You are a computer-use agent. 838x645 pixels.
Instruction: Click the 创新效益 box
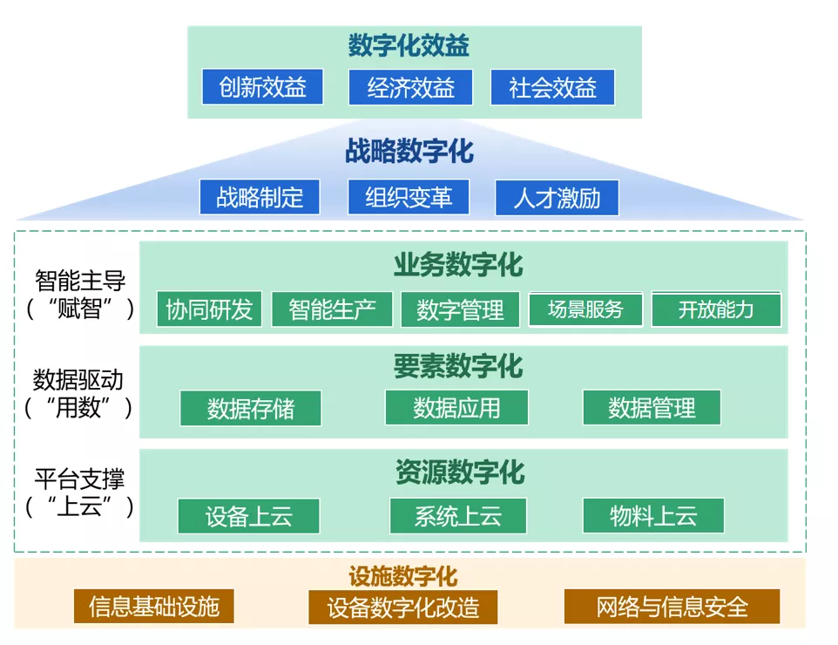tap(262, 87)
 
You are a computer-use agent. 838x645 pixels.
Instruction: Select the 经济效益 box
tap(410, 87)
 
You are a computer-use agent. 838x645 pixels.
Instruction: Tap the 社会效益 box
tap(552, 87)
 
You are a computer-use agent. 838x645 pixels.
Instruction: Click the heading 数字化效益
tap(409, 45)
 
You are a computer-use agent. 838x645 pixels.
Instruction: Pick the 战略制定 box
tap(260, 197)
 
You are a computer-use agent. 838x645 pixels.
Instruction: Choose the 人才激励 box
tap(557, 198)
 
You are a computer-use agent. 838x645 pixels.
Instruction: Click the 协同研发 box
tap(209, 309)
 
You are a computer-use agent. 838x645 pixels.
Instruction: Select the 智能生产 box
tap(332, 309)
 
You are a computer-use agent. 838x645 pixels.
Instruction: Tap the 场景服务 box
tap(585, 309)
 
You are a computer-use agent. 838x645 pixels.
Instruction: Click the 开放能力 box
tap(716, 309)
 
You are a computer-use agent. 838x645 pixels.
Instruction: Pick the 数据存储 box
tap(250, 408)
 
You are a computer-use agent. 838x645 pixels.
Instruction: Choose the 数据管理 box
tap(652, 407)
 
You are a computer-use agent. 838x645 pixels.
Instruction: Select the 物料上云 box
tap(653, 515)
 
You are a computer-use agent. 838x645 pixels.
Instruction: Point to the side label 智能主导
tap(80, 281)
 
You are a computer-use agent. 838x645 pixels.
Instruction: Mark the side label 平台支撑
tap(80, 479)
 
